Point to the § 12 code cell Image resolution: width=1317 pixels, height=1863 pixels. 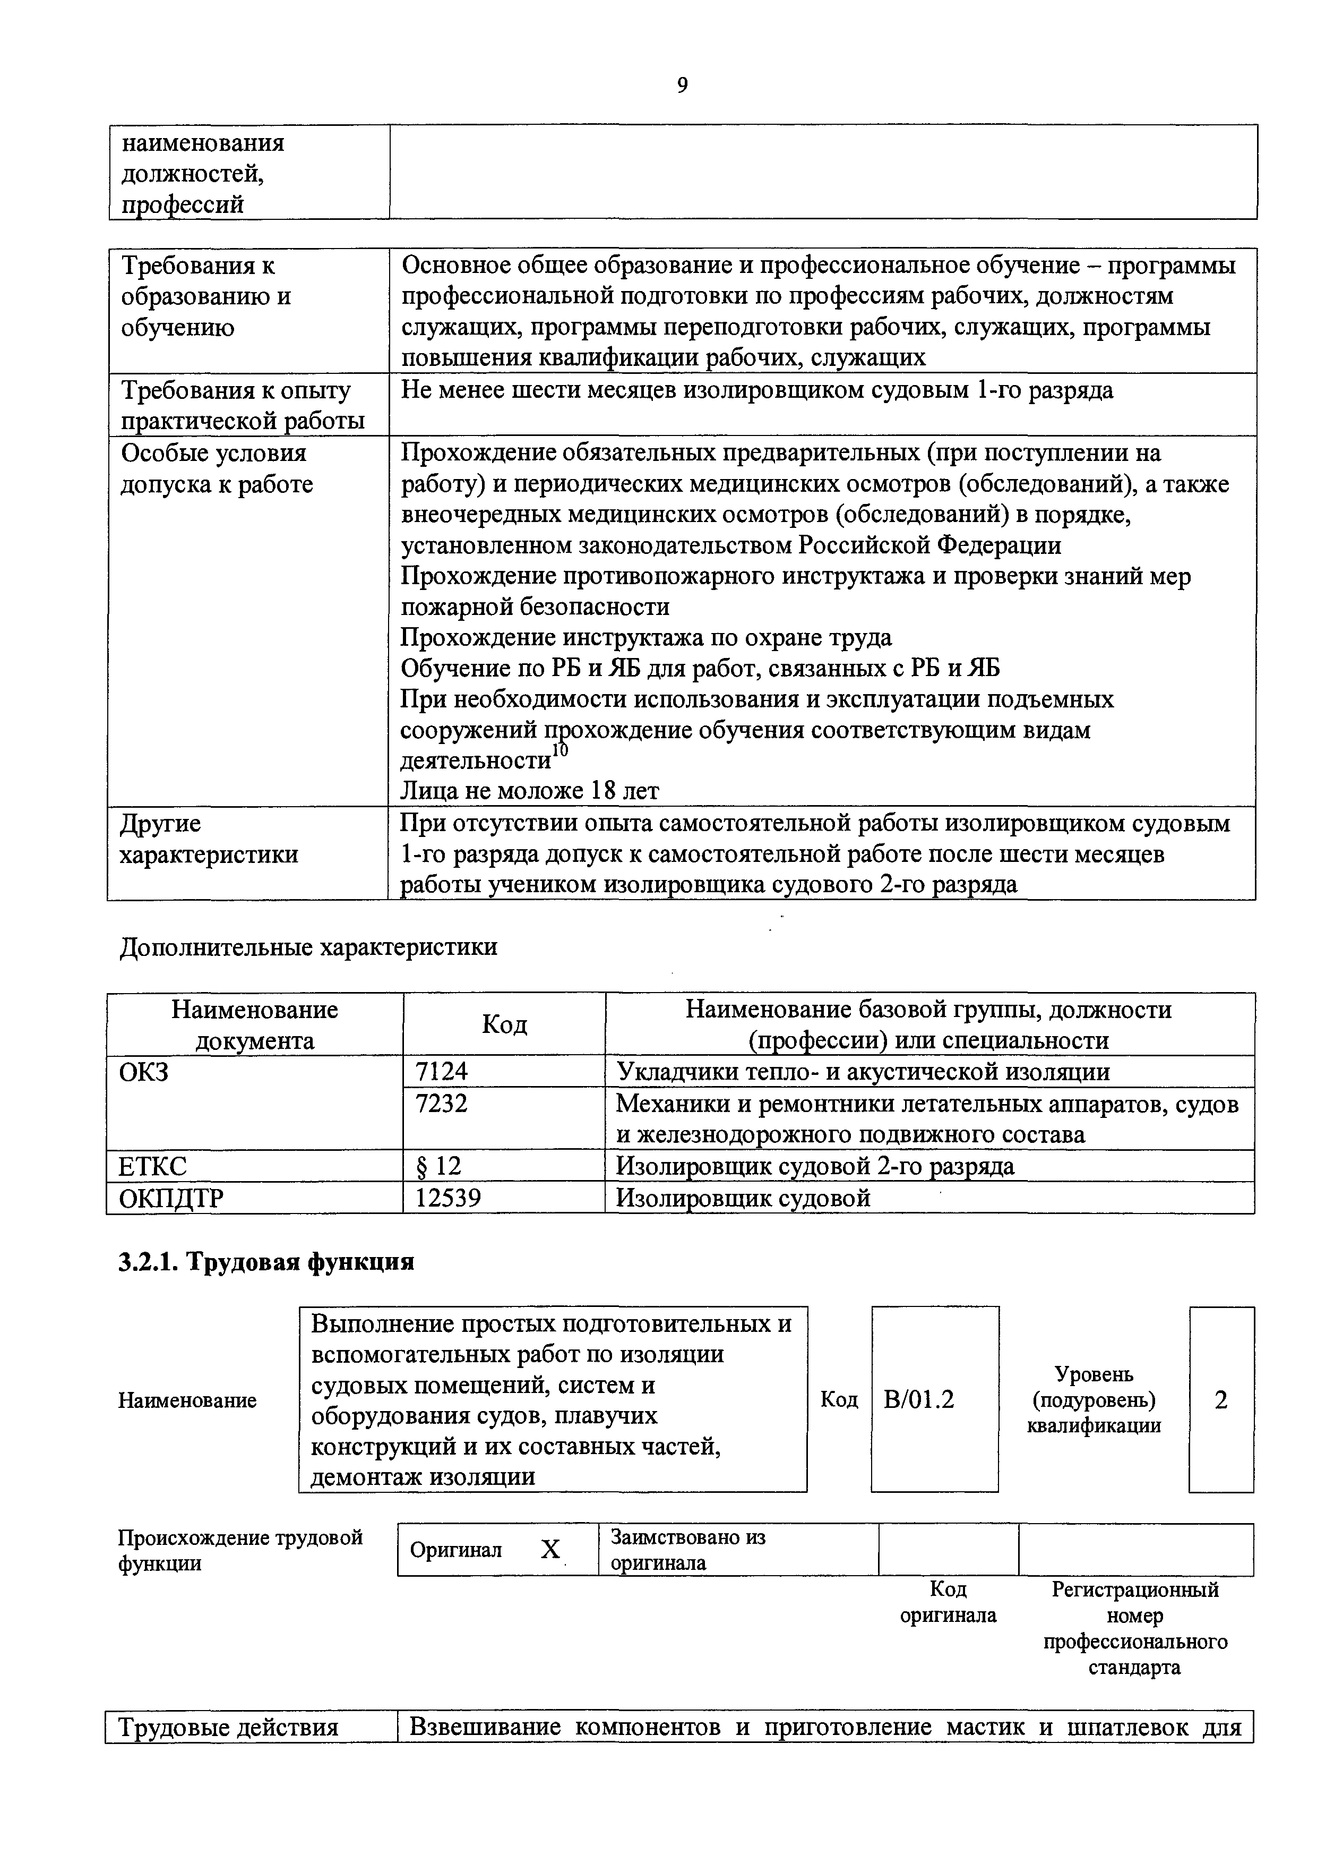[438, 1166]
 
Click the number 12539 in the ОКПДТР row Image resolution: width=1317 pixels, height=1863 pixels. [447, 1197]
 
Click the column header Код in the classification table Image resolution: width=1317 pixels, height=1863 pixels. [504, 1024]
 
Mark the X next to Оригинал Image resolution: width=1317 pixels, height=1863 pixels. [550, 1550]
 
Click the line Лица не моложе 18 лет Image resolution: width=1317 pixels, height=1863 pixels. [530, 790]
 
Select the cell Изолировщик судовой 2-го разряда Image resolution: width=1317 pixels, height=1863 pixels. [814, 1166]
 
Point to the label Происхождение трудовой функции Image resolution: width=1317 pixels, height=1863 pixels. [240, 1550]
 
